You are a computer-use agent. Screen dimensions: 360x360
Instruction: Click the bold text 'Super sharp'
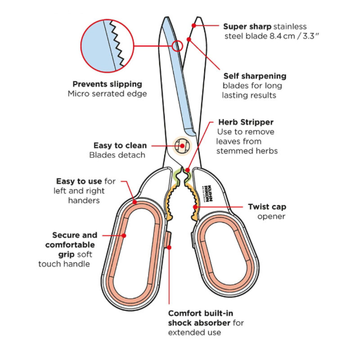247,27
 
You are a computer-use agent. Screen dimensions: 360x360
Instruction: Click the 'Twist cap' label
267,207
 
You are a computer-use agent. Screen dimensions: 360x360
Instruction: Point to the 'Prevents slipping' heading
107,84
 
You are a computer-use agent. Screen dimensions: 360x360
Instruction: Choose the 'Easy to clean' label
120,145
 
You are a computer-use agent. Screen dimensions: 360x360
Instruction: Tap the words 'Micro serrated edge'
107,94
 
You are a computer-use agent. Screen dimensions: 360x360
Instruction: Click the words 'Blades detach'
117,155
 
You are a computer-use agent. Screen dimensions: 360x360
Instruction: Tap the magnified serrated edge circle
108,45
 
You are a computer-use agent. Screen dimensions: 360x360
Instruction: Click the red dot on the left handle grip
124,235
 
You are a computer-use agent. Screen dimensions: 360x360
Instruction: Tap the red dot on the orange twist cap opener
195,207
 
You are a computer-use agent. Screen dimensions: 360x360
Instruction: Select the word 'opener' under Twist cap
271,217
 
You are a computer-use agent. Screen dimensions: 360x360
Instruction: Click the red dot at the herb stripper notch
187,171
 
